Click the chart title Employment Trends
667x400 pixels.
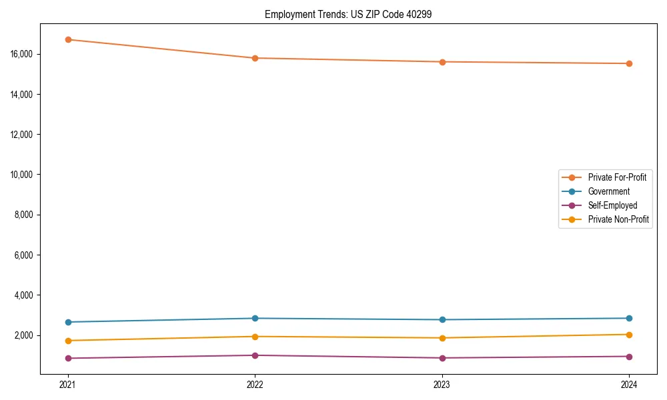pos(348,14)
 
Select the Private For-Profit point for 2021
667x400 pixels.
pos(68,39)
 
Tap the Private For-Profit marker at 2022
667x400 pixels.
pos(255,58)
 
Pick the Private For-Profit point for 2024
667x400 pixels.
pos(629,63)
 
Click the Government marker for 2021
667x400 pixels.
pos(68,322)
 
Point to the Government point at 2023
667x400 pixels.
pos(442,319)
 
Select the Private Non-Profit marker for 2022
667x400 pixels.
pos(255,337)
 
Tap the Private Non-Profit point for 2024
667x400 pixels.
pos(629,335)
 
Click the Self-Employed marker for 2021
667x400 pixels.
pos(68,358)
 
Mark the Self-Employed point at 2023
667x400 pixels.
pos(442,358)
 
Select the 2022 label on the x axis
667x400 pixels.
pos(255,384)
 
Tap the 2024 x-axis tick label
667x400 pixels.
pos(629,384)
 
